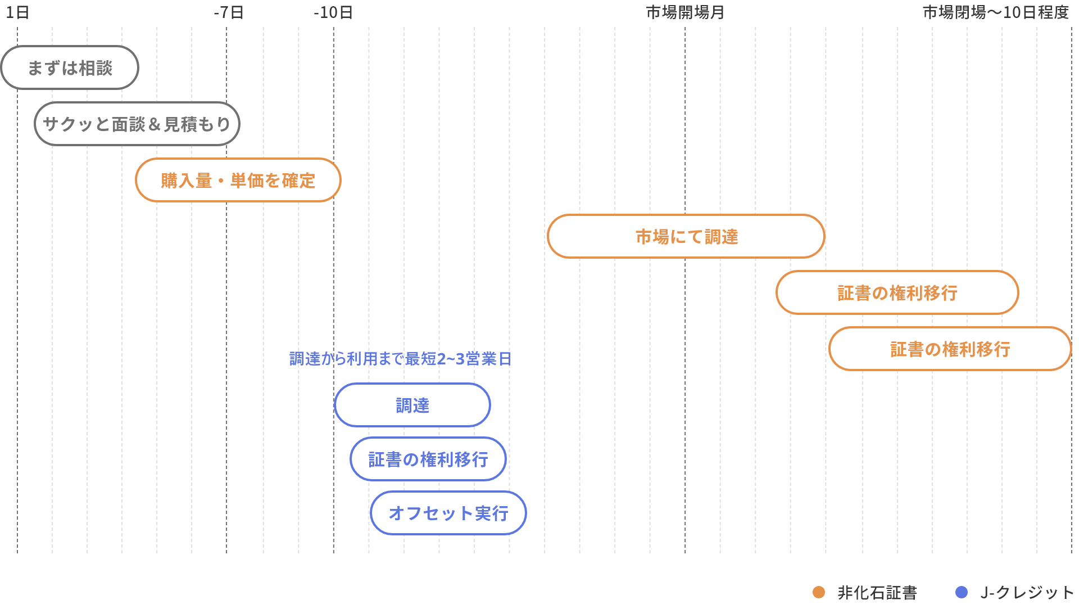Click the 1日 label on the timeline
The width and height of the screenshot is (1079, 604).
click(17, 12)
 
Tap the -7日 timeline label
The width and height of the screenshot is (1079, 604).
click(229, 12)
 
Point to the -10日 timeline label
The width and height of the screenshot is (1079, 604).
click(333, 12)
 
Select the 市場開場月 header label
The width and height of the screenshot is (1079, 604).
click(685, 12)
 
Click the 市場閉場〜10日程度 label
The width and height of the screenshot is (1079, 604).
click(995, 12)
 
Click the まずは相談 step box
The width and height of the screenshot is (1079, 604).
click(70, 68)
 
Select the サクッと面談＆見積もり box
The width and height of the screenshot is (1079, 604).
click(137, 124)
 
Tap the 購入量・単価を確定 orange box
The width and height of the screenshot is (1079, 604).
click(238, 181)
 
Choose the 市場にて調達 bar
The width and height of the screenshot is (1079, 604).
click(686, 237)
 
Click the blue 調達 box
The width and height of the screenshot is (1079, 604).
click(412, 405)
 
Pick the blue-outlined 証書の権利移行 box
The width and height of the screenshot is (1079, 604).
click(428, 459)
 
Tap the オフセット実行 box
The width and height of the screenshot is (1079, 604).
click(448, 513)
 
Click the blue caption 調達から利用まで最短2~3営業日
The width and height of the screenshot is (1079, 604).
click(400, 359)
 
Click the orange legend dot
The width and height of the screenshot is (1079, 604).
click(819, 592)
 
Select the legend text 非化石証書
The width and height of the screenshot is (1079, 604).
click(877, 592)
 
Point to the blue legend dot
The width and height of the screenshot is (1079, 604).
click(962, 592)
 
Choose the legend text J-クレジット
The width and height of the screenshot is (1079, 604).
click(1027, 592)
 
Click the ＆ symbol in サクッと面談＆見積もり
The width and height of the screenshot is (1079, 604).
click(155, 124)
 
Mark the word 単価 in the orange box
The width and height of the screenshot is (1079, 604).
click(247, 181)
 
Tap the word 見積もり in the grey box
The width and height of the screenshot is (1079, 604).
click(197, 124)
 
